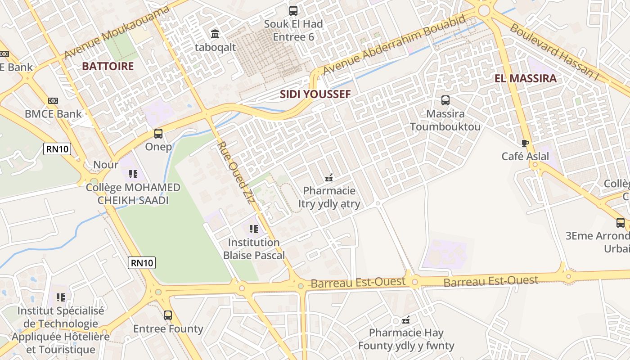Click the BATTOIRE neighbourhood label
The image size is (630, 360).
(x=108, y=66)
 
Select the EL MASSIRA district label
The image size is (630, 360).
(x=526, y=78)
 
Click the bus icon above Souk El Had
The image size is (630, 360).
(x=293, y=10)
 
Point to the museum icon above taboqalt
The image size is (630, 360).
(x=215, y=34)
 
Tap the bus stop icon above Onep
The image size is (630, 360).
(x=158, y=134)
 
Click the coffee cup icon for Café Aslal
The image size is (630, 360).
(x=525, y=143)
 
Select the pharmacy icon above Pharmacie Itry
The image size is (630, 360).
(x=329, y=178)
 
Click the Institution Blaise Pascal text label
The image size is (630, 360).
(x=254, y=249)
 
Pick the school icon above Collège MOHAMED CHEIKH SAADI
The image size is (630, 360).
(x=133, y=174)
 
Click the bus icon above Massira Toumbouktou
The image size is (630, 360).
(x=445, y=100)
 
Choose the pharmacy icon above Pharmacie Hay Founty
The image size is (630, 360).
(x=406, y=320)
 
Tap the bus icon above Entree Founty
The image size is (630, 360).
(x=168, y=315)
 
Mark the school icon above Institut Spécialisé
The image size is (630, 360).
(x=61, y=297)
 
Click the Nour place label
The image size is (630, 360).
(x=106, y=165)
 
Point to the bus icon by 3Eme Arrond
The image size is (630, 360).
(x=620, y=222)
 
